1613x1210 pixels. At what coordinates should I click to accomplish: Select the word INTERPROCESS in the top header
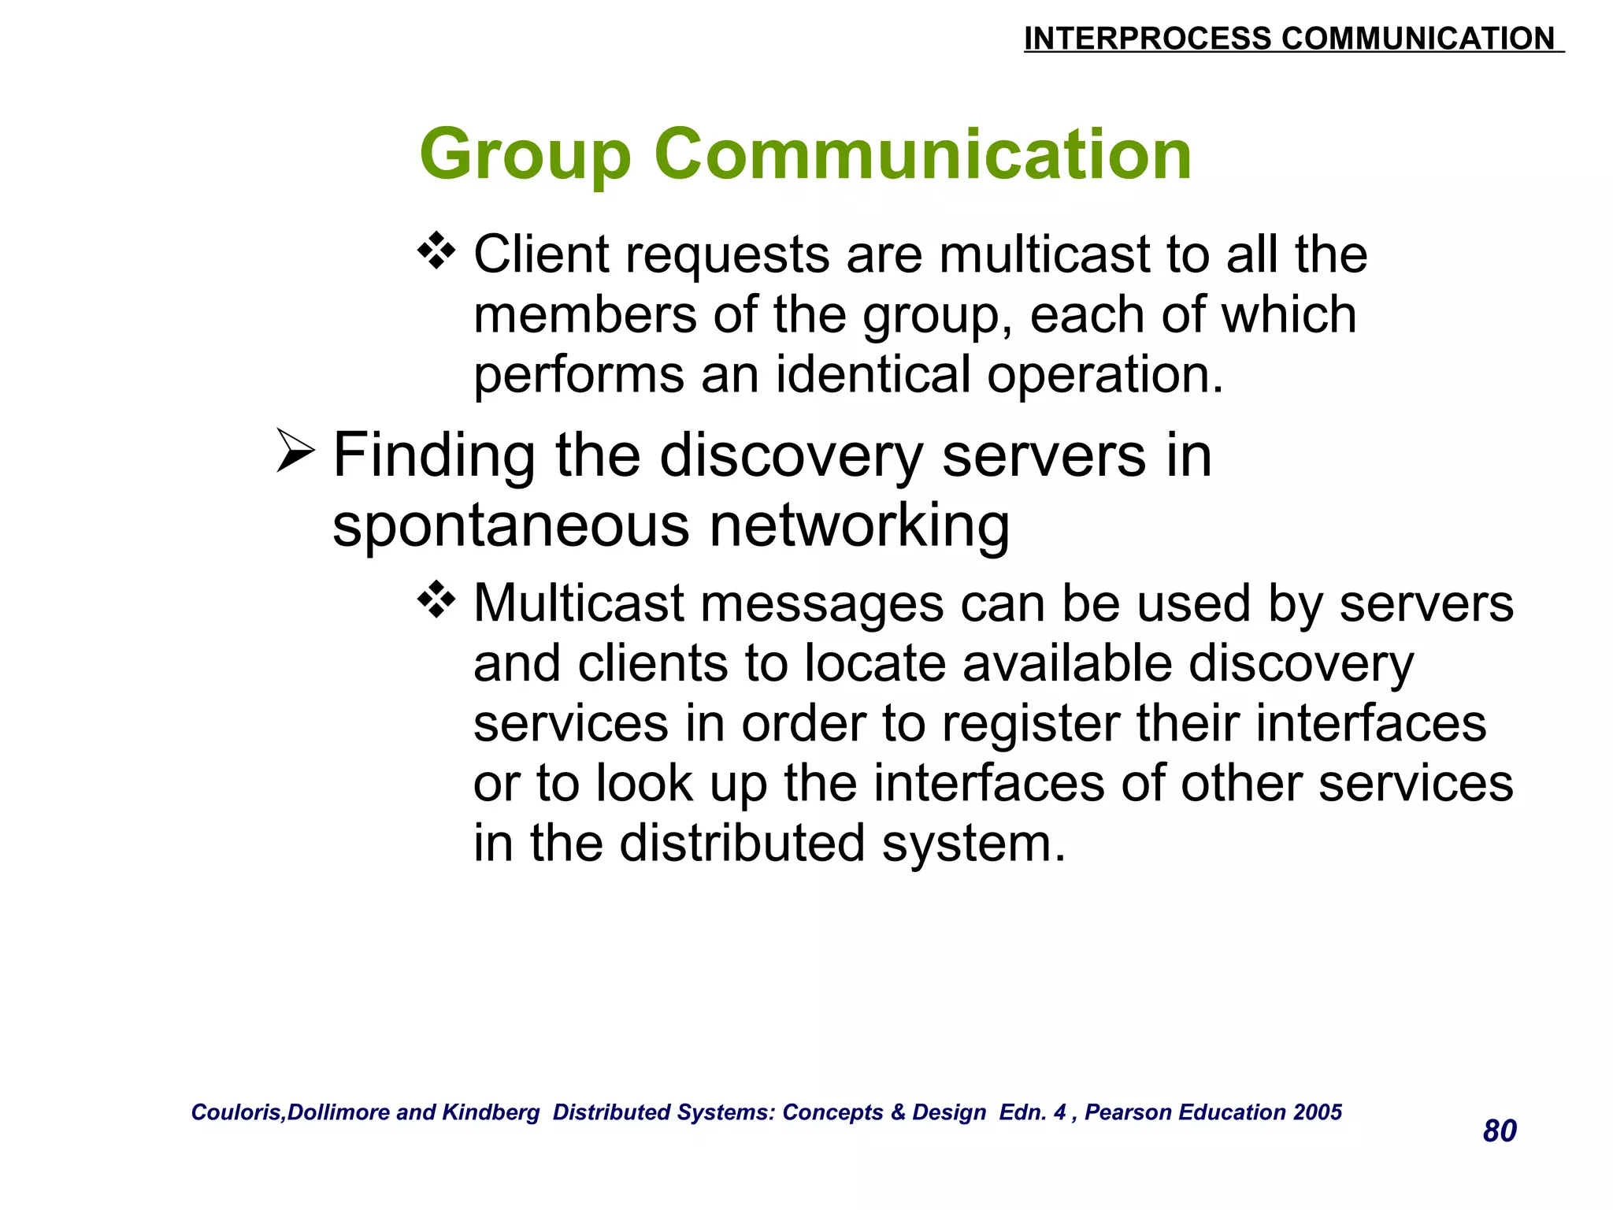tap(1147, 39)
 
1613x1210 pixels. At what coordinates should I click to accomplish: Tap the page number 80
tap(1499, 1131)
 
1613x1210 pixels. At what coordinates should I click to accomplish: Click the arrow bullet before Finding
tap(295, 451)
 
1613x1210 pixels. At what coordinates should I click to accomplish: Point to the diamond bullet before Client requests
tap(436, 252)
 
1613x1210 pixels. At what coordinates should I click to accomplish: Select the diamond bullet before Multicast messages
tap(436, 601)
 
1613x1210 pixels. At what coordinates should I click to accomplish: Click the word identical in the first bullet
tap(873, 374)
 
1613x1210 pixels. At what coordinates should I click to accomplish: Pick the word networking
tap(859, 525)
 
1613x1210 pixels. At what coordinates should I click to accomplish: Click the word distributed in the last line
tap(743, 843)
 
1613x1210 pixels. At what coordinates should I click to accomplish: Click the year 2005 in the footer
tap(1318, 1112)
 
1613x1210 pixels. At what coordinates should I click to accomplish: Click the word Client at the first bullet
tap(542, 254)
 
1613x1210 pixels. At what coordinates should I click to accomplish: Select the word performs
tap(579, 374)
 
